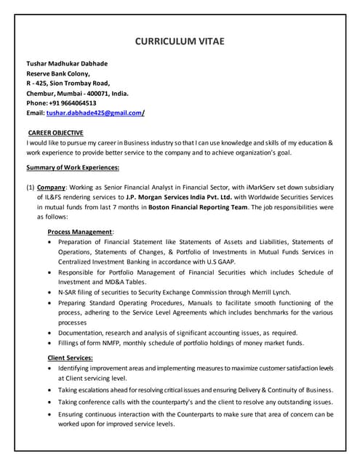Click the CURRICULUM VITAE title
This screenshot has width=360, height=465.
(180, 41)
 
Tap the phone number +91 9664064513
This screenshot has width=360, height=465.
(71, 102)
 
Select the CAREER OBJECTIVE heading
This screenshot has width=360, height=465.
(56, 133)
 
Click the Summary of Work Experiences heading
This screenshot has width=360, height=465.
(73, 168)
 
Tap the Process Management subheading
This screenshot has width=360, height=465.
(80, 232)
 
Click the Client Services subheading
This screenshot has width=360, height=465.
(70, 358)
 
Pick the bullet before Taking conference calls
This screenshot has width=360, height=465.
(49, 402)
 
